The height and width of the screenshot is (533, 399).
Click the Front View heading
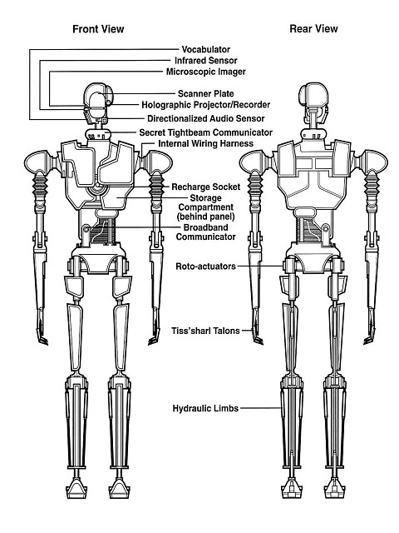pyautogui.click(x=98, y=29)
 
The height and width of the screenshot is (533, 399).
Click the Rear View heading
pyautogui.click(x=313, y=28)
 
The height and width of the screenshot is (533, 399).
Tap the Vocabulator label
pyautogui.click(x=206, y=49)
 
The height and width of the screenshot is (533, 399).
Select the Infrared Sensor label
pyautogui.click(x=206, y=61)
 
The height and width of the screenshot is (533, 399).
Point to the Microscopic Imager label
pyautogui.click(x=206, y=72)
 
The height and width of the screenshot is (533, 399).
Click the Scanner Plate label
pyautogui.click(x=206, y=93)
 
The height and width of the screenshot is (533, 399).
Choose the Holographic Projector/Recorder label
pyautogui.click(x=206, y=105)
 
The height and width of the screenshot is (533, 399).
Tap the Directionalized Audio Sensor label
pyautogui.click(x=206, y=118)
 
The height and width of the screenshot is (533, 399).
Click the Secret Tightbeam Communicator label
pyautogui.click(x=206, y=132)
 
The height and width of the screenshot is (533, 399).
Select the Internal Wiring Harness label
pyautogui.click(x=206, y=143)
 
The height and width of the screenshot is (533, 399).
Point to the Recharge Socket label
pyautogui.click(x=206, y=187)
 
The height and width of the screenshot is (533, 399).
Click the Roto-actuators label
pyautogui.click(x=205, y=266)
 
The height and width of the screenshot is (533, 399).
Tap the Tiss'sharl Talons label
pyautogui.click(x=205, y=331)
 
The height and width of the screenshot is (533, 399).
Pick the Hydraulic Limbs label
pyautogui.click(x=205, y=408)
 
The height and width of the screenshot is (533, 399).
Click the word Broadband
pyautogui.click(x=206, y=227)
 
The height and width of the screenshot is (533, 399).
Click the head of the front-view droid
pyautogui.click(x=96, y=102)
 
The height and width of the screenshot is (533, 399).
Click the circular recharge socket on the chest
pyautogui.click(x=98, y=187)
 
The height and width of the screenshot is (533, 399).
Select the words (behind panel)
pyautogui.click(x=206, y=217)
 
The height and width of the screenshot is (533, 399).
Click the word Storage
pyautogui.click(x=206, y=198)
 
